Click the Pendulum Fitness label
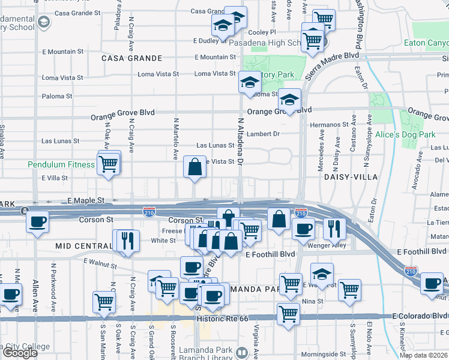[x=61, y=164]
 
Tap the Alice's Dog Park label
[x=405, y=135]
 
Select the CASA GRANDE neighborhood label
[x=132, y=58]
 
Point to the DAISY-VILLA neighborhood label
[x=351, y=178]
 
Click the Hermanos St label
[x=330, y=124]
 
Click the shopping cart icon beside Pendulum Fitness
[x=109, y=163]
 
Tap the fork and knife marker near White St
[x=127, y=240]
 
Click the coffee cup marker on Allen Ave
[x=37, y=221]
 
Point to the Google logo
[x=19, y=353]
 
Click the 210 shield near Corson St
[x=150, y=212]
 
